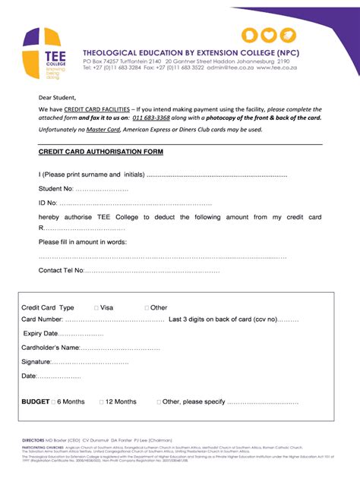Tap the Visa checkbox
click(96, 308)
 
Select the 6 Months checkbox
click(54, 401)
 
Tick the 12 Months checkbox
click(100, 401)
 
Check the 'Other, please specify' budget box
click(159, 401)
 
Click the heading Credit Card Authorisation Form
click(101, 152)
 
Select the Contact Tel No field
click(152, 270)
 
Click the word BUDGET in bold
click(36, 401)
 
